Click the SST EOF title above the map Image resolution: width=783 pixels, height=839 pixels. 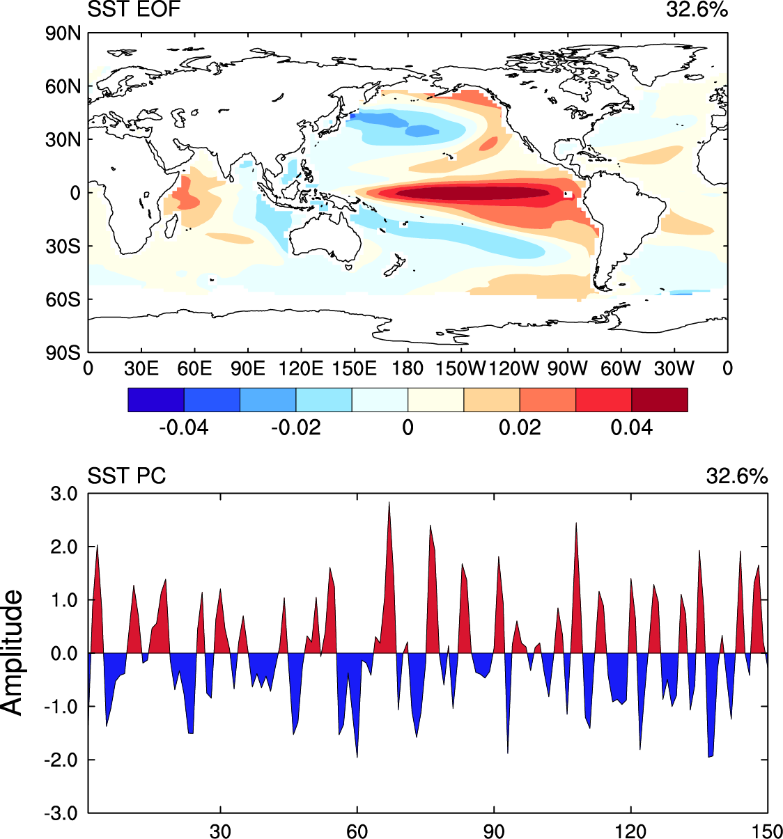click(134, 10)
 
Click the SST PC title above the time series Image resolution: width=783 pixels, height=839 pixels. click(126, 476)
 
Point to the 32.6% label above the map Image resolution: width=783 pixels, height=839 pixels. click(697, 10)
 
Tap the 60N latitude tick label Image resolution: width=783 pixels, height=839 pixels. click(63, 87)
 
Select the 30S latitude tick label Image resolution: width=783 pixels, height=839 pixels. click(63, 246)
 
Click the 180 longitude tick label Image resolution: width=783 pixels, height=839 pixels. click(408, 368)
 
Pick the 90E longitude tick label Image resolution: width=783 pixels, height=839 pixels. click(247, 368)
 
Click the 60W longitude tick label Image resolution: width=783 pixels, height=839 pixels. click(620, 368)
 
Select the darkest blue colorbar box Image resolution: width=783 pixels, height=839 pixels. click(156, 400)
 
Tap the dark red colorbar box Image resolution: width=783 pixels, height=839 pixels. click(659, 400)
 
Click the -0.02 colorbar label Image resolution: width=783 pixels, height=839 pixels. click(295, 428)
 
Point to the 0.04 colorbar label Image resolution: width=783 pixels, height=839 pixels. click(631, 428)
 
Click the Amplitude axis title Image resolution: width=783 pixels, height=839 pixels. click(13, 652)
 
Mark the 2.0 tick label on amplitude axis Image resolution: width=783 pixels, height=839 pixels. click(63, 547)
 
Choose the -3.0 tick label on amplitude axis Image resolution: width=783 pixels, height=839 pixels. click(63, 813)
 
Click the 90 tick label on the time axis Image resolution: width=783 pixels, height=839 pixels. click(494, 831)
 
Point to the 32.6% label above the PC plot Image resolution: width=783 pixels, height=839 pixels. click(737, 476)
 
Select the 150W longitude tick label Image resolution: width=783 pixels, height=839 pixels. click(460, 368)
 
